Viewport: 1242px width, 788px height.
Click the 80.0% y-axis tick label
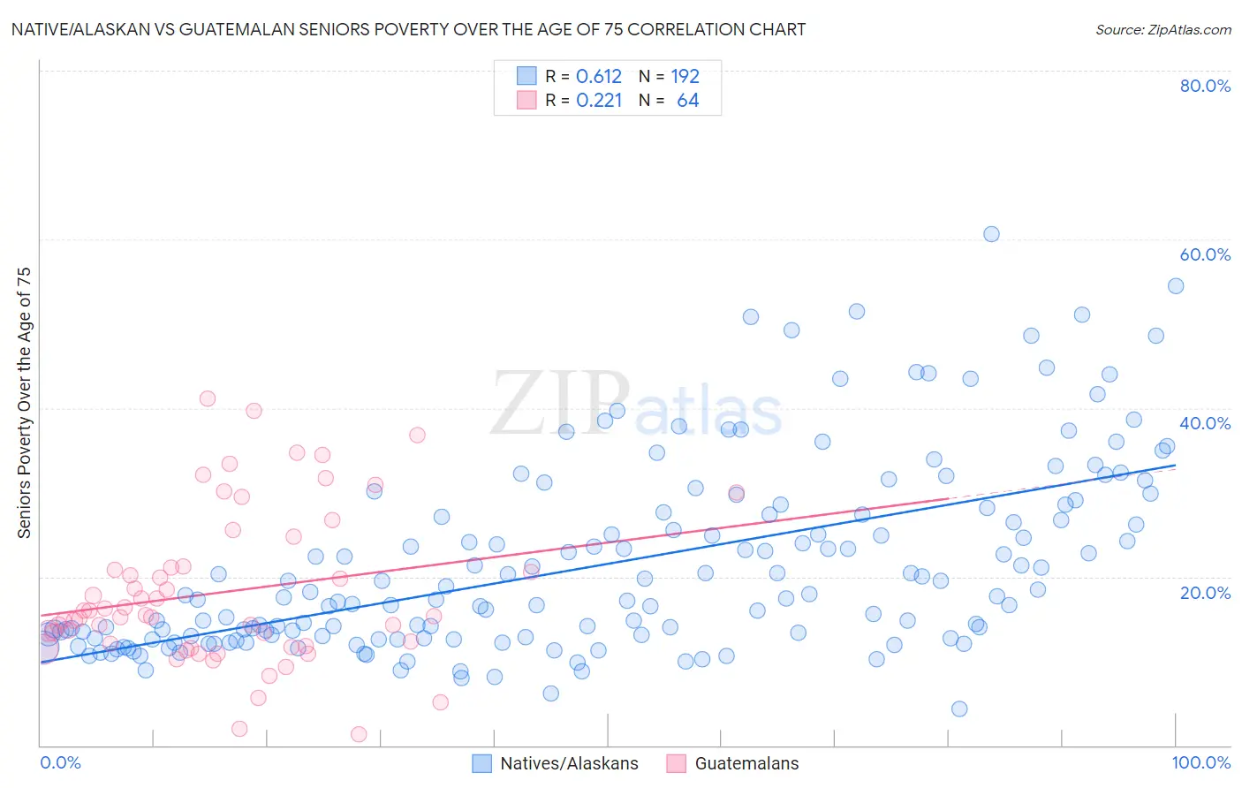click(1205, 86)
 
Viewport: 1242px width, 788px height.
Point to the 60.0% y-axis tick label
click(1205, 254)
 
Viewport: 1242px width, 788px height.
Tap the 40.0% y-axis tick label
click(1205, 423)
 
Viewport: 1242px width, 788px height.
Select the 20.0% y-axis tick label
click(1205, 592)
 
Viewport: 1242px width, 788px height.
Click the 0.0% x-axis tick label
click(60, 762)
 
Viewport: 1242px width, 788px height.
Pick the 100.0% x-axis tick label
click(1200, 762)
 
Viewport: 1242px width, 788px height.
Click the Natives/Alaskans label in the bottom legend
click(569, 763)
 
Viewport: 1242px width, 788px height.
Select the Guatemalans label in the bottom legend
click(746, 763)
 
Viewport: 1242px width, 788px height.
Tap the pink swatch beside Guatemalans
click(677, 763)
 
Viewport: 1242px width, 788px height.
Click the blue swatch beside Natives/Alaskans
click(481, 763)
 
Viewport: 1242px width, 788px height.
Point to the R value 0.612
click(599, 77)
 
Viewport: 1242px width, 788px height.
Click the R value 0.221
click(599, 101)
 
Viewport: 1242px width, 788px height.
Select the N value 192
click(685, 77)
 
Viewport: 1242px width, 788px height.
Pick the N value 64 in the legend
click(687, 101)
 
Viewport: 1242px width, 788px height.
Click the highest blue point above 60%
click(991, 234)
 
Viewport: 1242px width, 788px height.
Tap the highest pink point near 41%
click(208, 398)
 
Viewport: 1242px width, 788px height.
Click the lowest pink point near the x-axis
click(359, 734)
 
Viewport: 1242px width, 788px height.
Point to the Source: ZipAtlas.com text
click(1162, 29)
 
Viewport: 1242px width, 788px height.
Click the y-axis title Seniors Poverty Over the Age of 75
click(25, 402)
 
